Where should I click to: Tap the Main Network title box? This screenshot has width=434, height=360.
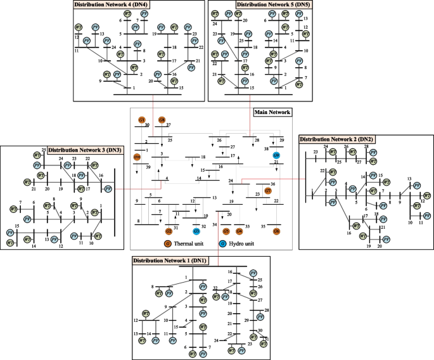point(272,112)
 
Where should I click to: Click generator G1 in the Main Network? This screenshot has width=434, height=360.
point(142,120)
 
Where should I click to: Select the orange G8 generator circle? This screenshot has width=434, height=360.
point(162,120)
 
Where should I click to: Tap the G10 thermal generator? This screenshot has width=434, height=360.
point(137,157)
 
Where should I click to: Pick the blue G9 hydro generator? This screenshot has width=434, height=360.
point(276,155)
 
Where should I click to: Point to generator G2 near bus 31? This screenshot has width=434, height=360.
point(169,232)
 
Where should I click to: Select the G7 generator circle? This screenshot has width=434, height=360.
point(268,190)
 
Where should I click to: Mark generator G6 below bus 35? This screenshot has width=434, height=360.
point(276,232)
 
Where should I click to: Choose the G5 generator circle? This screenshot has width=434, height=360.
point(226,232)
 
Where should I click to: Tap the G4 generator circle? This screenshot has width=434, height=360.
point(239,232)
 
